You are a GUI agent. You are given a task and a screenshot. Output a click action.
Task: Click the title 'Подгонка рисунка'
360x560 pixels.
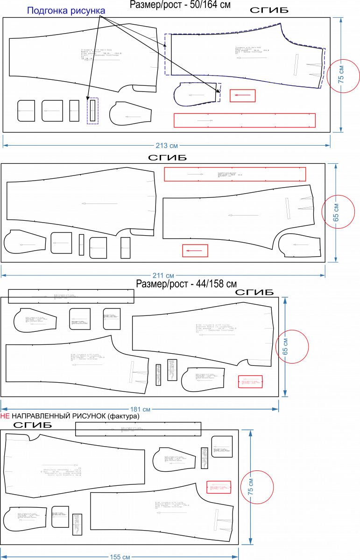pos(66,11)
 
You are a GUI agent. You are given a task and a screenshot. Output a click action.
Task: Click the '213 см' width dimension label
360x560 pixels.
pos(167,146)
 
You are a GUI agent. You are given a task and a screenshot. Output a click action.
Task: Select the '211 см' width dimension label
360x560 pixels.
pos(163,276)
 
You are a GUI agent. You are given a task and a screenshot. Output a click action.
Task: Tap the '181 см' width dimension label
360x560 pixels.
pos(140,409)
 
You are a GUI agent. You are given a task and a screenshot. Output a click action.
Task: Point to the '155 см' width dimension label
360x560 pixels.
pos(120,557)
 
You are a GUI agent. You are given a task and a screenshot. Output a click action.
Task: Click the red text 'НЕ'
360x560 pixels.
pos(5,416)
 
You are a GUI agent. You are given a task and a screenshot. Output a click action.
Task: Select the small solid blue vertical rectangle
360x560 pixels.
pos(92,111)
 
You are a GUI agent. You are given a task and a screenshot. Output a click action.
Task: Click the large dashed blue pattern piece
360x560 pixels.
pos(243,56)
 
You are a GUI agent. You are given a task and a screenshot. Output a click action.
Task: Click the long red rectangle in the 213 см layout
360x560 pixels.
pos(245,120)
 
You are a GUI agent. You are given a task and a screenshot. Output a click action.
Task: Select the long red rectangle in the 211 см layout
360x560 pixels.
pos(235,174)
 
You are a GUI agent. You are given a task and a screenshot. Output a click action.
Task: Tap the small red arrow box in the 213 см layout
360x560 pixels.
pos(242,96)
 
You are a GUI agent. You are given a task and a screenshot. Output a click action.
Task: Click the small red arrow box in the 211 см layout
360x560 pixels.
pos(195,251)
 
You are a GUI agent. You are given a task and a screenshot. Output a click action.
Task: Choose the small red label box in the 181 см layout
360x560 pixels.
pos(250,382)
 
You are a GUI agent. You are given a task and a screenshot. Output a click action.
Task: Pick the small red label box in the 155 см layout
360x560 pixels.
pos(219,487)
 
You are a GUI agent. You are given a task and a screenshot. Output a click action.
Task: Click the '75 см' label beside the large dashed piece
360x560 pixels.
pos(341,75)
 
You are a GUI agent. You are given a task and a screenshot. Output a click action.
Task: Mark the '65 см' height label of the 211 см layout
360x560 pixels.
pos(336,212)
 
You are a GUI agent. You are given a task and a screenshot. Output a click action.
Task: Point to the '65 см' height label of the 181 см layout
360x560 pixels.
pos(285,346)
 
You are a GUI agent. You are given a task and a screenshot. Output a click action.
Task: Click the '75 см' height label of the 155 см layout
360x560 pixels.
pos(251,487)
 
